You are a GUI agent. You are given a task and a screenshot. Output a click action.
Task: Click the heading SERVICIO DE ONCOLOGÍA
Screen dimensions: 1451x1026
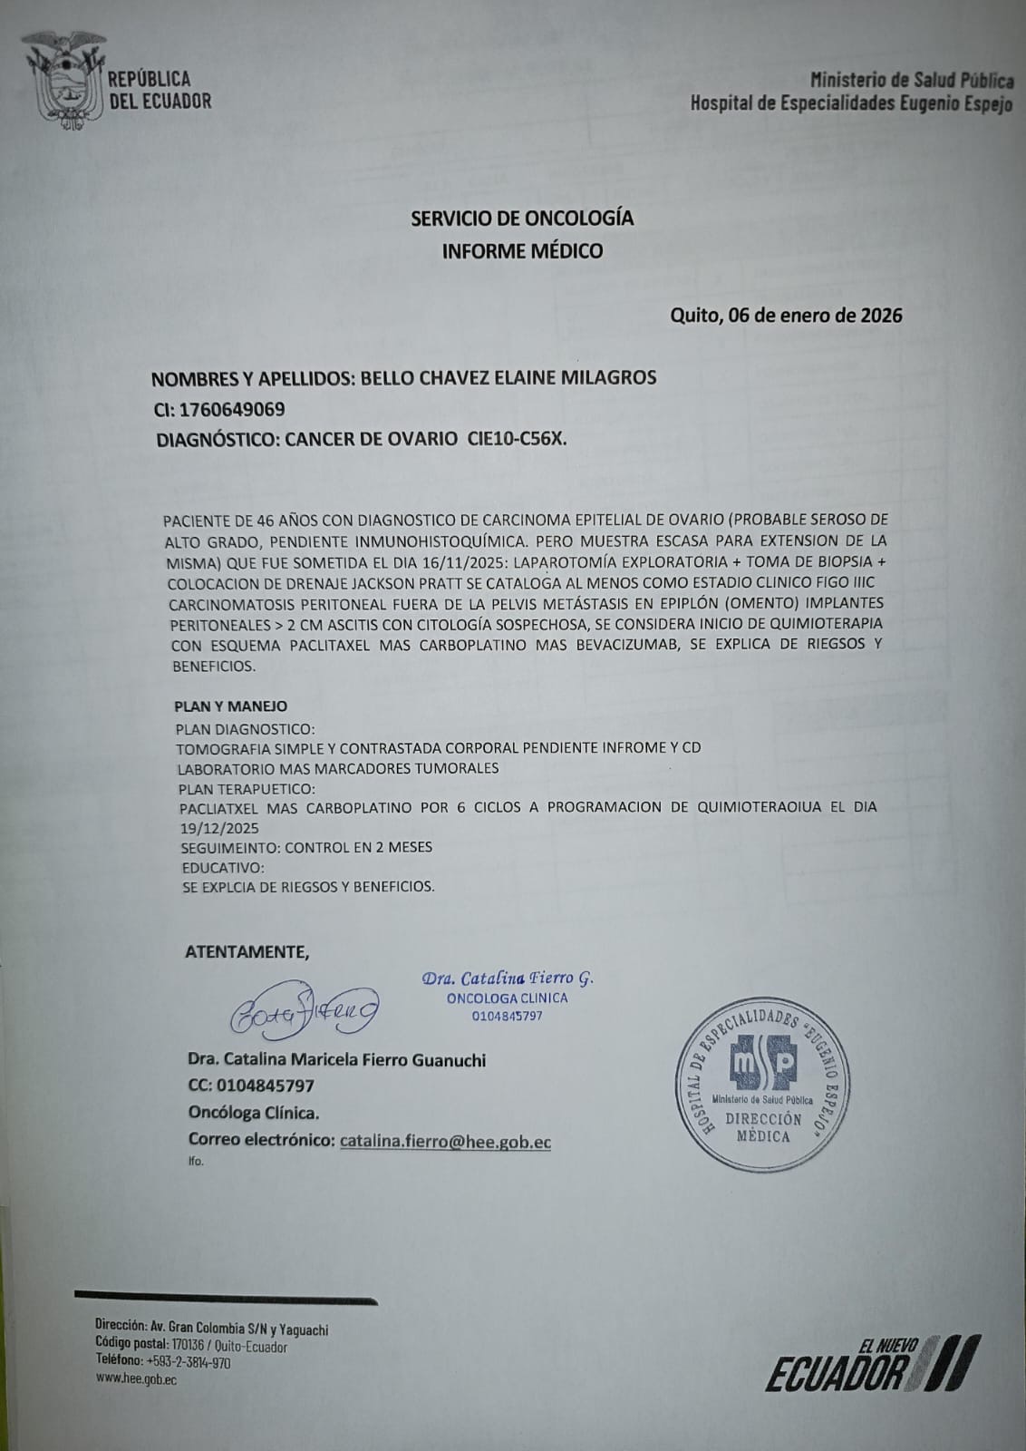pos(522,219)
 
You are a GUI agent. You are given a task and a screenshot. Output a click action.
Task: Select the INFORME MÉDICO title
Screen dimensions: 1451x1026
pos(522,251)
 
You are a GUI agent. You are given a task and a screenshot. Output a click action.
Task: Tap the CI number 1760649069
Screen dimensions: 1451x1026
pos(232,409)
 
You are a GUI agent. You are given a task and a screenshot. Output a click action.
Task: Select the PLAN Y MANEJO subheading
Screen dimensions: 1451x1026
pos(230,706)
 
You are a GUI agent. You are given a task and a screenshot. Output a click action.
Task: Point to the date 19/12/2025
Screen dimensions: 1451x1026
pos(219,828)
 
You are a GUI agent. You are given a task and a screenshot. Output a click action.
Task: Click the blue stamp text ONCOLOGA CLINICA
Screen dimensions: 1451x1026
pos(507,998)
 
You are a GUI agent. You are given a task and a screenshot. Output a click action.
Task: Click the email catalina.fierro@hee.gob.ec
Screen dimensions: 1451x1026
pos(445,1142)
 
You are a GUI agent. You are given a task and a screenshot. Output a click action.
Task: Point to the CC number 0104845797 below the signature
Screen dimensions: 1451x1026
pos(264,1086)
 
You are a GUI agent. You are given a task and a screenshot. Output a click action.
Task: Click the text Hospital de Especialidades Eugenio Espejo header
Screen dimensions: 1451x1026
pos(851,104)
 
